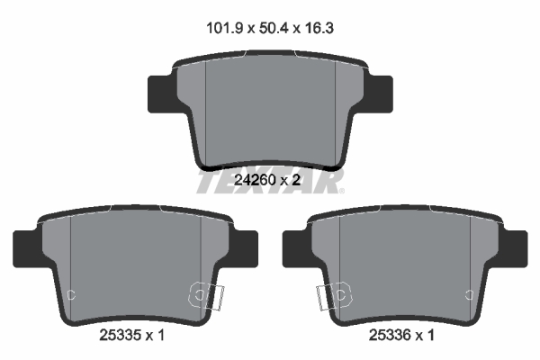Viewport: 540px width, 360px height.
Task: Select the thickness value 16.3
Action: (319, 28)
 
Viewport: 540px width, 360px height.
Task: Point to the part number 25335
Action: (121, 335)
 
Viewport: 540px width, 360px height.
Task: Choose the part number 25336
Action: (390, 335)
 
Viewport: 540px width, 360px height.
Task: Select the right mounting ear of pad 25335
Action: (244, 248)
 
